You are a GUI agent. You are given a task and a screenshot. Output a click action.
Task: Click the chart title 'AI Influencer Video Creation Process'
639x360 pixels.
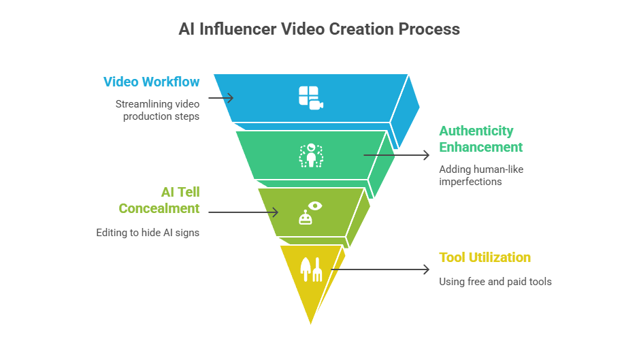click(x=319, y=29)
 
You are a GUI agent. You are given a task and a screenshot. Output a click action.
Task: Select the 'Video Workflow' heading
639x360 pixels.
click(x=151, y=82)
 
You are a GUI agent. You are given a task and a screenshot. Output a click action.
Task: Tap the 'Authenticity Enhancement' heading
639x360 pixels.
click(x=480, y=139)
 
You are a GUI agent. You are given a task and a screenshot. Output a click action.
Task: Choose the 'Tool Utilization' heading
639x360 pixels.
click(x=485, y=257)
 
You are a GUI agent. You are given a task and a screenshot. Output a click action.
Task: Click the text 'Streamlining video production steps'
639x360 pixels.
click(x=157, y=110)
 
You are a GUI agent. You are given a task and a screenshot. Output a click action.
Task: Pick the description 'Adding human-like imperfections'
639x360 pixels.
click(x=480, y=175)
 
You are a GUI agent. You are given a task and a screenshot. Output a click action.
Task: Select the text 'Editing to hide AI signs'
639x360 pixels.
click(x=148, y=233)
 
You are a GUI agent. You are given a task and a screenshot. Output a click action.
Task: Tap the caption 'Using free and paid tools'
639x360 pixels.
click(x=495, y=281)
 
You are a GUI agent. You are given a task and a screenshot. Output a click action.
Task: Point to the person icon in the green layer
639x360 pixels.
click(x=311, y=155)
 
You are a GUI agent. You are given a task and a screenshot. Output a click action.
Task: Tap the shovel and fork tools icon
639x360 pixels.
click(x=311, y=269)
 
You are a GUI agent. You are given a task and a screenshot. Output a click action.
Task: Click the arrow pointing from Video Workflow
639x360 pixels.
click(x=221, y=98)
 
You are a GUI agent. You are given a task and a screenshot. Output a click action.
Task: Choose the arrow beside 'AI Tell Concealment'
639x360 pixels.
click(x=243, y=212)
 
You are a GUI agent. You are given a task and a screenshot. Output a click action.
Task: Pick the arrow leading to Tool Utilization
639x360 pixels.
click(x=380, y=269)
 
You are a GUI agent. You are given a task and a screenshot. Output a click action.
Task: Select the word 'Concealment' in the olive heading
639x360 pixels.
click(x=159, y=208)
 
